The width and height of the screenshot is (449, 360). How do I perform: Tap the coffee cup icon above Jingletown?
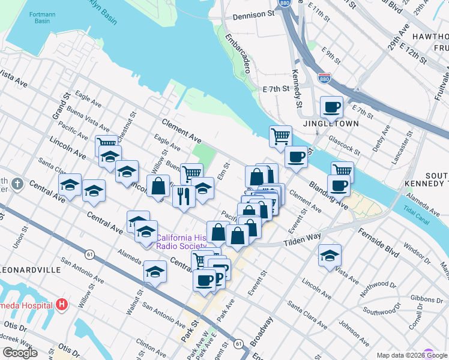[x=331, y=108]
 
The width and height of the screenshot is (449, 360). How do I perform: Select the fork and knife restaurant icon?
[x=184, y=196]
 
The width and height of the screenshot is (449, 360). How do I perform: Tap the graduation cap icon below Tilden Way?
[x=329, y=256]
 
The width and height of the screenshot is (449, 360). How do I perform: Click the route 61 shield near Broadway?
[x=239, y=344]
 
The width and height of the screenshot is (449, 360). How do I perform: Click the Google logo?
[x=20, y=353]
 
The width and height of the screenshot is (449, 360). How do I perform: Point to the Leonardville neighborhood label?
[x=31, y=270]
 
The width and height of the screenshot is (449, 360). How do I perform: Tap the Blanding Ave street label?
[x=328, y=194]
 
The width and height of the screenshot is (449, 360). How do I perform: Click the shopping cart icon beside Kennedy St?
[x=280, y=137]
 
